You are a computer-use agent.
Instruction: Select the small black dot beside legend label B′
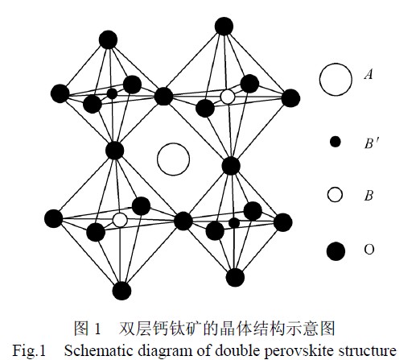click(x=335, y=142)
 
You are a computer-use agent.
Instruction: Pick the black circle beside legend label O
click(x=336, y=251)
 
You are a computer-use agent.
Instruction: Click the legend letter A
click(x=369, y=73)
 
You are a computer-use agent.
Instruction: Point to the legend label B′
click(x=372, y=143)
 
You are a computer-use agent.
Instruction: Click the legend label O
click(x=369, y=250)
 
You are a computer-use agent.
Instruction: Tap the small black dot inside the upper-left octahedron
click(x=112, y=93)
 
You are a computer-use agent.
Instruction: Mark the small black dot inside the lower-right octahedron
click(x=234, y=223)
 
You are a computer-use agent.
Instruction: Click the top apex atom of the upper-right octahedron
click(x=224, y=26)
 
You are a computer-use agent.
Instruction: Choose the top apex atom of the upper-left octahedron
click(x=108, y=39)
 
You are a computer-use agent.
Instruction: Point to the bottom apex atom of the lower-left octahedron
click(x=122, y=291)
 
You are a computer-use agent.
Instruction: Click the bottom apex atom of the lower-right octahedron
click(x=235, y=277)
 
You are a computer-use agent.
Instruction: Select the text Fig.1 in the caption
click(x=30, y=350)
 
